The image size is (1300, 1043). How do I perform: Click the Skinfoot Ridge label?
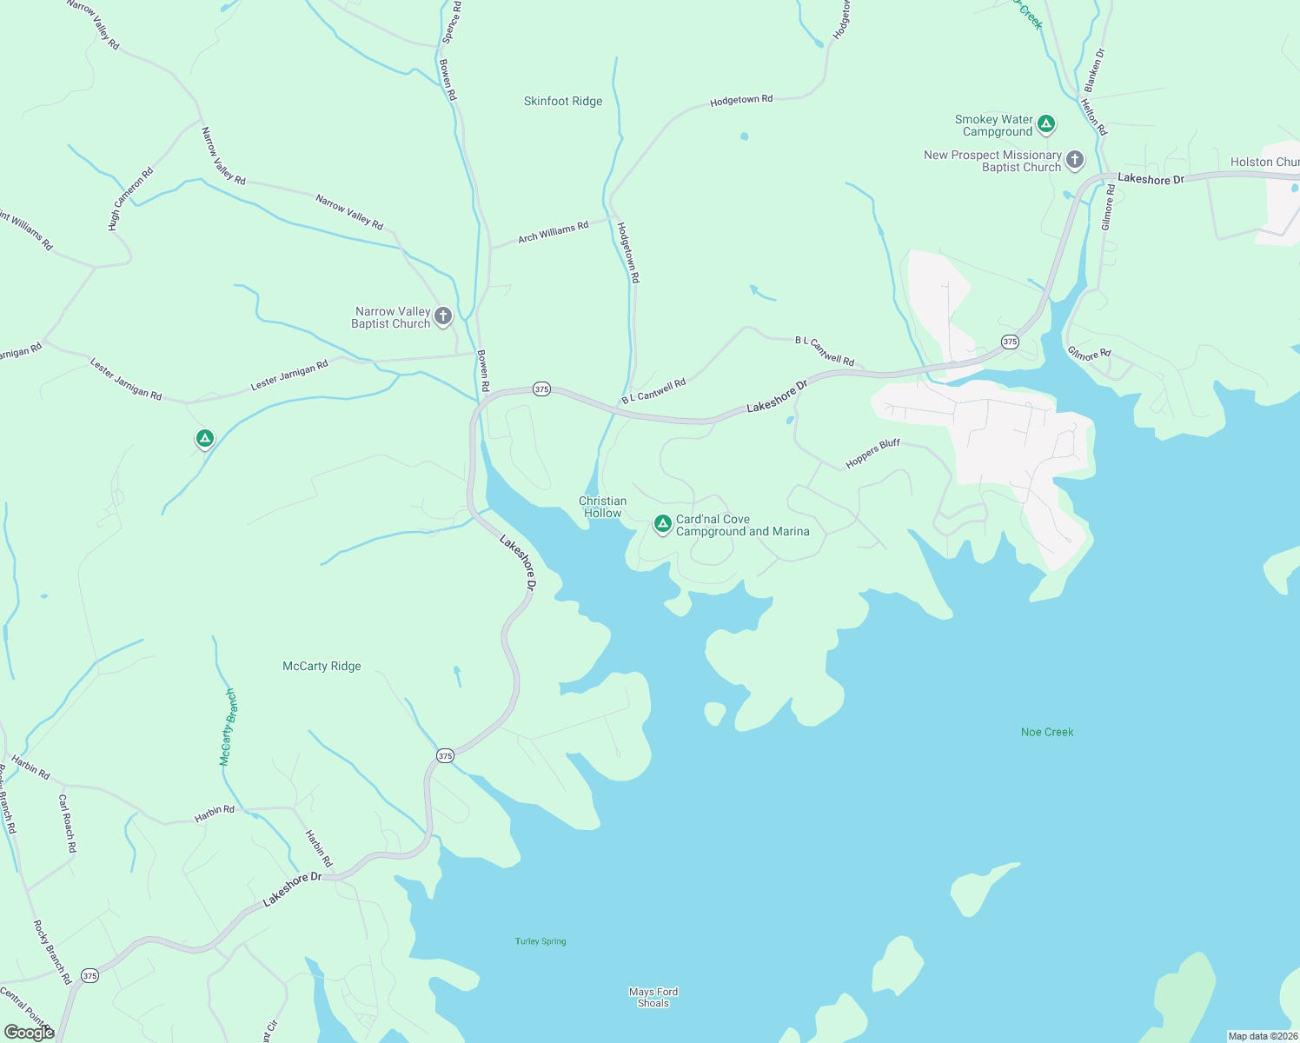click(563, 102)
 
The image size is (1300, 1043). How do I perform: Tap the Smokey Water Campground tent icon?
click(1047, 124)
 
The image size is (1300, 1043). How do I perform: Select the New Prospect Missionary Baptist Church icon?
click(1075, 160)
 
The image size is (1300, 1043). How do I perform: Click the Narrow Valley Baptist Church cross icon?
click(443, 316)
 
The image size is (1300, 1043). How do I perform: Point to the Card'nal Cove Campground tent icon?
click(662, 524)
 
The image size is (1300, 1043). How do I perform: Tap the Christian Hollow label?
click(603, 508)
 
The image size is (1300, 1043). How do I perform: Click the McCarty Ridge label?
click(322, 667)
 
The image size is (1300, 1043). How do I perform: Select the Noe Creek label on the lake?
click(1047, 733)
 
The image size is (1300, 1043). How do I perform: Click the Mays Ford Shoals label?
click(653, 998)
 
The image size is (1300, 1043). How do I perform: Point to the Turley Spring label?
click(541, 941)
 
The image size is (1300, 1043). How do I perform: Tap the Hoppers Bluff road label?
click(872, 454)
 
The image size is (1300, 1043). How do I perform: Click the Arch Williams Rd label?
click(554, 232)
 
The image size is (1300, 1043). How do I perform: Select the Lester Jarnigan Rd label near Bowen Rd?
click(289, 375)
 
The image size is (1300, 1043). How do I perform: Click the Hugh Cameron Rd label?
click(130, 199)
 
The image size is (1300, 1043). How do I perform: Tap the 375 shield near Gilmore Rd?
click(1010, 342)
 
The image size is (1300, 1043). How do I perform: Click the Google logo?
click(30, 1033)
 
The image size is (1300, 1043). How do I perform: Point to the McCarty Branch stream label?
click(227, 727)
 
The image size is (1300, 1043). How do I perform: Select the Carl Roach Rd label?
click(68, 822)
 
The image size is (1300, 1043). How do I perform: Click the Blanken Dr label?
click(1094, 70)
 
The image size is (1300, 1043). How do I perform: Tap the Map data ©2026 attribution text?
click(1262, 1036)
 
